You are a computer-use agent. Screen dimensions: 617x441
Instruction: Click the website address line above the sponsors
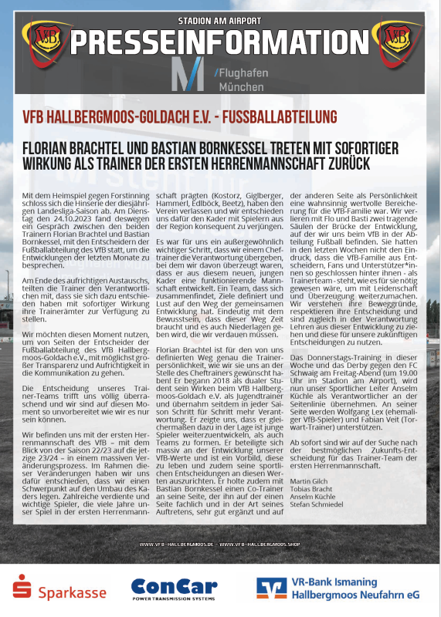[x=220, y=545]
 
